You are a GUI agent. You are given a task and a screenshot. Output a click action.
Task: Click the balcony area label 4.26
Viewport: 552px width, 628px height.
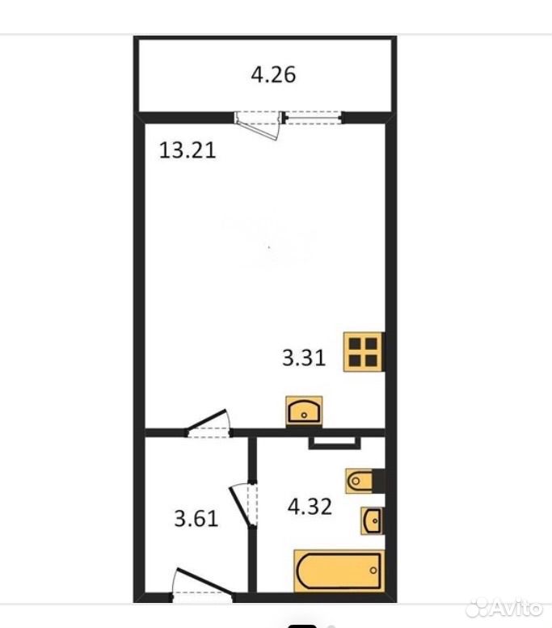pyautogui.click(x=273, y=75)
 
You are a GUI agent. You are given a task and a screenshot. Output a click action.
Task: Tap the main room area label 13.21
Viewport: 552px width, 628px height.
pyautogui.click(x=188, y=150)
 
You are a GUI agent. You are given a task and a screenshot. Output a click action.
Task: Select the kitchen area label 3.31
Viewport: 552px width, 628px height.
pyautogui.click(x=304, y=357)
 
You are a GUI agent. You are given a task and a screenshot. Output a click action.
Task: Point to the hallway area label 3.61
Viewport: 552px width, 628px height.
pyautogui.click(x=196, y=519)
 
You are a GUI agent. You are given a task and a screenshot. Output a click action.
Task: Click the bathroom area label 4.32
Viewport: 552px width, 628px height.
pyautogui.click(x=310, y=507)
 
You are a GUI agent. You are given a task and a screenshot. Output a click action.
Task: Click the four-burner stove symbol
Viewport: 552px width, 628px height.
pyautogui.click(x=364, y=352)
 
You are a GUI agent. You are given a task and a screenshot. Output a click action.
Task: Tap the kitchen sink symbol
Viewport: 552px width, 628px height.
pyautogui.click(x=304, y=411)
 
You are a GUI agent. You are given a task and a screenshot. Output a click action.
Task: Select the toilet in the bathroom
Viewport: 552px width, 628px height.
pyautogui.click(x=365, y=481)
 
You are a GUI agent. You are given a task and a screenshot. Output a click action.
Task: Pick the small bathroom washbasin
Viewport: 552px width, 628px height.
pyautogui.click(x=373, y=521)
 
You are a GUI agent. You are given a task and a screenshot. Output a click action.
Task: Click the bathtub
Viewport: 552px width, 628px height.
pyautogui.click(x=339, y=571)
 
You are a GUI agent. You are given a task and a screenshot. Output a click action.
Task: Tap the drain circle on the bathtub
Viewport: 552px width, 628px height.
pyautogui.click(x=373, y=571)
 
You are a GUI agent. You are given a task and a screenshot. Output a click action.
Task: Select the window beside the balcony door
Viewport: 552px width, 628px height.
pyautogui.click(x=314, y=118)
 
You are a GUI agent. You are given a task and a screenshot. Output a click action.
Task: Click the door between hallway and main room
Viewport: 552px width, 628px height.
pyautogui.click(x=208, y=424)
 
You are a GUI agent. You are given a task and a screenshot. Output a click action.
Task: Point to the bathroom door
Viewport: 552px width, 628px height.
pyautogui.click(x=243, y=504)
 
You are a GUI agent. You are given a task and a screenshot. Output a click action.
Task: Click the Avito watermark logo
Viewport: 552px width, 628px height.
pyautogui.click(x=505, y=609)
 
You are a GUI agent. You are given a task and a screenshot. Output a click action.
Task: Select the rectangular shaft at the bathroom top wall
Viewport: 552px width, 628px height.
pyautogui.click(x=335, y=443)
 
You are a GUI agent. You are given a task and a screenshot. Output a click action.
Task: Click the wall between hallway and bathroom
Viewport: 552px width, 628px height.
pyautogui.click(x=252, y=515)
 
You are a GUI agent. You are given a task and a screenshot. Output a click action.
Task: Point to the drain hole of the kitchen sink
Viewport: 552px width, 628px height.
pyautogui.click(x=304, y=415)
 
